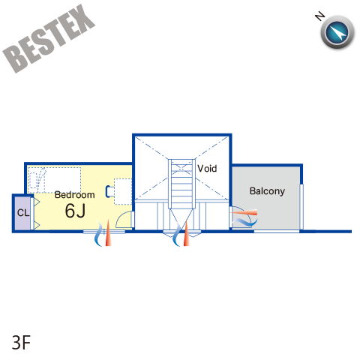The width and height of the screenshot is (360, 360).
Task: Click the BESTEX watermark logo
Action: click(x=49, y=39)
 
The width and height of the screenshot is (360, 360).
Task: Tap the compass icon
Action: click(x=337, y=32)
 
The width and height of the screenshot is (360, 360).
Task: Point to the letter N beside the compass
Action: click(x=319, y=16)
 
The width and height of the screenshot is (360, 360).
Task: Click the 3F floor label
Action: click(x=21, y=343)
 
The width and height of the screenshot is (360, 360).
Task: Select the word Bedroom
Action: click(x=75, y=195)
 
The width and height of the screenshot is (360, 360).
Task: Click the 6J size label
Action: click(x=75, y=211)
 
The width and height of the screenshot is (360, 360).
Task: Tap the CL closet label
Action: click(x=23, y=213)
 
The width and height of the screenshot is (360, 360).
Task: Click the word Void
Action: click(x=207, y=169)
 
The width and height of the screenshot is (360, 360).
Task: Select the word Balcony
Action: click(x=267, y=191)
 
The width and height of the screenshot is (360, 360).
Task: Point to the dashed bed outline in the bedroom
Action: click(x=55, y=180)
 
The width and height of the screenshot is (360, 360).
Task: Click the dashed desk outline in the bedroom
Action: click(x=123, y=191)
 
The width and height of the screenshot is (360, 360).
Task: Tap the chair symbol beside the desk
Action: click(x=109, y=191)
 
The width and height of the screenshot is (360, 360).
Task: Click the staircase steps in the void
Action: click(x=181, y=184)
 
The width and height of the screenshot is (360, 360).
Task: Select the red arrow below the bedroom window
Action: click(x=108, y=232)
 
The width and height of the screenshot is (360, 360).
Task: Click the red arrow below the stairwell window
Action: click(x=187, y=233)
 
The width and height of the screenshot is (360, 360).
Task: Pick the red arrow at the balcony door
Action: click(x=244, y=213)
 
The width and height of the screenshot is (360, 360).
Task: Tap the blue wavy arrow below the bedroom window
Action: click(x=98, y=233)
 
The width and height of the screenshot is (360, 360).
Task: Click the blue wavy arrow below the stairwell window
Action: click(x=177, y=234)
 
